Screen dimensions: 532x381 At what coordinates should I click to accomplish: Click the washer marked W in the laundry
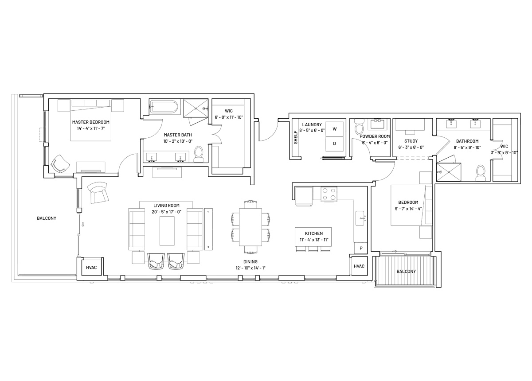click(x=334, y=129)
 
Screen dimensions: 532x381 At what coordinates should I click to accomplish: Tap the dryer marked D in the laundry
click(x=334, y=144)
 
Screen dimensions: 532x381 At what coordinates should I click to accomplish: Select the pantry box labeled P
click(x=361, y=248)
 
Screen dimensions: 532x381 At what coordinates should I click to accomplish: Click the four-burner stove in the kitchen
click(x=329, y=194)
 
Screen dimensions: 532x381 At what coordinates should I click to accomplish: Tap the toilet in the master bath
click(x=198, y=154)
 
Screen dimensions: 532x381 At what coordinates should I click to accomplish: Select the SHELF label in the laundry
click(x=295, y=137)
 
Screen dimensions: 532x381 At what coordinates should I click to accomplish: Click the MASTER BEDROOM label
click(x=91, y=122)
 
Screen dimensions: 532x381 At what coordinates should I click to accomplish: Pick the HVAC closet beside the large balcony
click(x=91, y=267)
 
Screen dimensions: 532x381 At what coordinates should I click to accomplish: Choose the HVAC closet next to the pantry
click(x=359, y=266)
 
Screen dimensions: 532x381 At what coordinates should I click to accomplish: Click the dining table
click(x=250, y=227)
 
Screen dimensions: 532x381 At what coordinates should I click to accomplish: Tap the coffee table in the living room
click(x=167, y=231)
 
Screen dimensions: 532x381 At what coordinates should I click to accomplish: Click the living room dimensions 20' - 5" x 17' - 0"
click(x=167, y=212)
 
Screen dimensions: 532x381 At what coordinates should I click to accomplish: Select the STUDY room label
click(x=411, y=141)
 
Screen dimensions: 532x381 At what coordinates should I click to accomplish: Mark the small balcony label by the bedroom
click(x=406, y=271)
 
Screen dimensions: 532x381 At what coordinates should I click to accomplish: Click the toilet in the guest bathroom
click(x=481, y=173)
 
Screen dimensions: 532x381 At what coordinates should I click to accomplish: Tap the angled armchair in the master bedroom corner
click(x=60, y=163)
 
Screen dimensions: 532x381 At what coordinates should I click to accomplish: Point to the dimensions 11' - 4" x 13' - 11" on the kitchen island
click(x=314, y=240)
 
